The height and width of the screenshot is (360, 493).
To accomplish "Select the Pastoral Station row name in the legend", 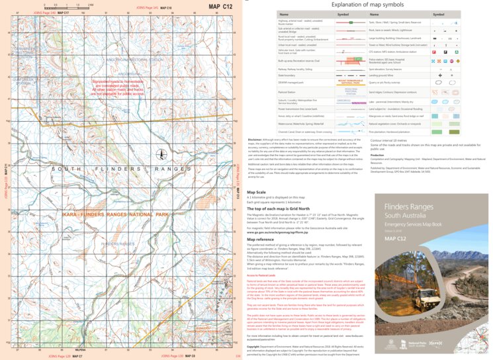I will point(289,92).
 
